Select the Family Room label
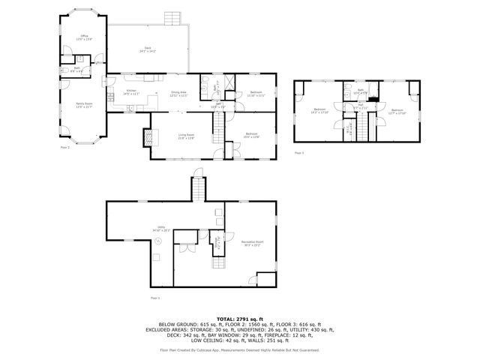point(82,106)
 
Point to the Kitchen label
point(131,91)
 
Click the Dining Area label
point(178,94)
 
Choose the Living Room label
point(186,136)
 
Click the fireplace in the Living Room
point(148,137)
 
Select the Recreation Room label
point(252,243)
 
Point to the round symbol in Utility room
point(158,241)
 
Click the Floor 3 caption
point(298,152)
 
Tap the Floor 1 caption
point(155,298)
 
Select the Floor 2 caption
point(64,148)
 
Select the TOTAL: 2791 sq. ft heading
point(239,319)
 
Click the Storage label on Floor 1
point(218,243)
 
